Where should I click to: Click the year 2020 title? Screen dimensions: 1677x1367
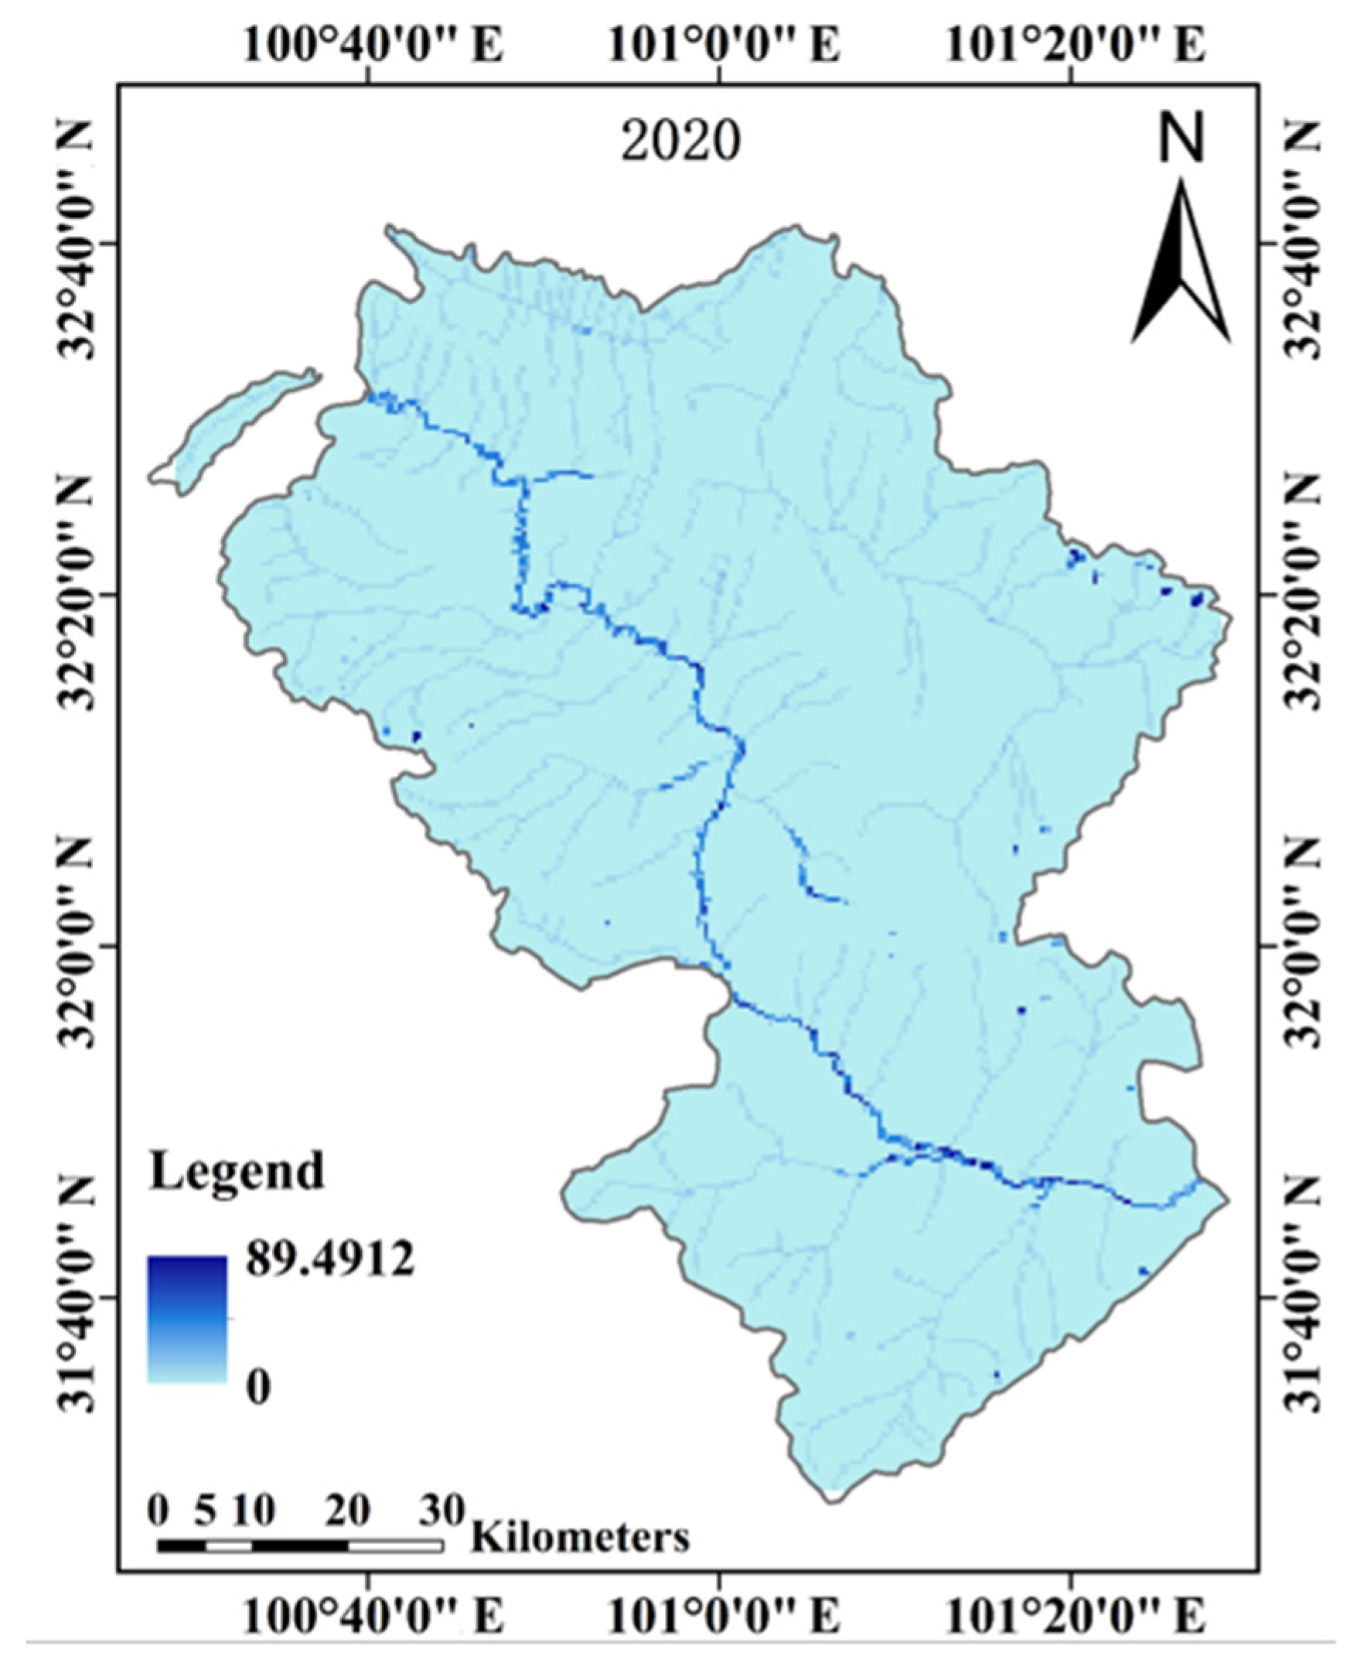[x=680, y=142]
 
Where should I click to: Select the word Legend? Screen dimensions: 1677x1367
[x=237, y=1170]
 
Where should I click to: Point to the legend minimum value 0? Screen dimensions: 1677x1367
[x=259, y=1387]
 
